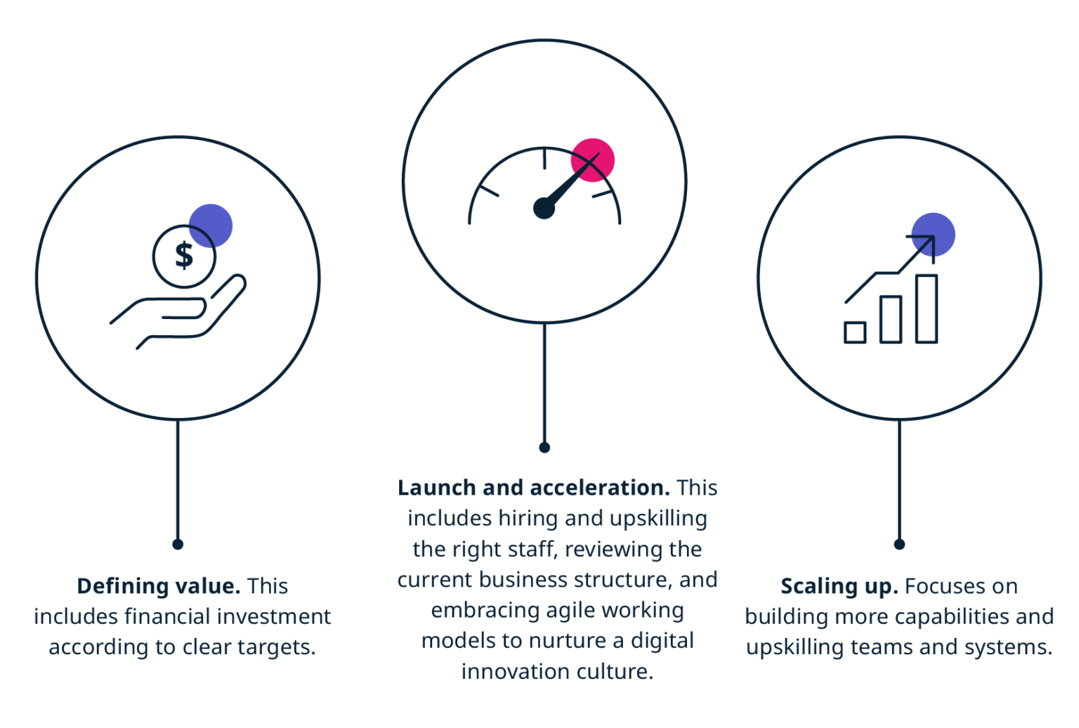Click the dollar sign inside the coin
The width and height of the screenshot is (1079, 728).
click(x=184, y=255)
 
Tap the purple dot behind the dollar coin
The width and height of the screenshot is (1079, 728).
click(x=211, y=226)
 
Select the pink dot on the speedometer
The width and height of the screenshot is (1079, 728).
click(x=592, y=160)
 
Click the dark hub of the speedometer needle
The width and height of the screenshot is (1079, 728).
click(x=544, y=208)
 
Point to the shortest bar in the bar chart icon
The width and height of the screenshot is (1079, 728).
click(x=855, y=332)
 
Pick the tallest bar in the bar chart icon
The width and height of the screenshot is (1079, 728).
click(x=927, y=308)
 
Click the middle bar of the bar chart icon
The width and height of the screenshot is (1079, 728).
click(x=891, y=320)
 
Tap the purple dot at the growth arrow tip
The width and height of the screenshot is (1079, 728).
click(x=933, y=235)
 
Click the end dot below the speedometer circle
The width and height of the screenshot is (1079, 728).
click(x=544, y=448)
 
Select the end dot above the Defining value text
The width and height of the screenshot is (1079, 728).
click(x=178, y=545)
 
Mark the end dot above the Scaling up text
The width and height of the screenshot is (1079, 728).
click(x=899, y=545)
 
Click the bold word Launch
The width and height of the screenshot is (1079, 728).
click(x=437, y=488)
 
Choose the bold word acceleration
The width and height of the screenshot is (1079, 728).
click(x=600, y=488)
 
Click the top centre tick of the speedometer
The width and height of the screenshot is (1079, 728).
click(x=544, y=159)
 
